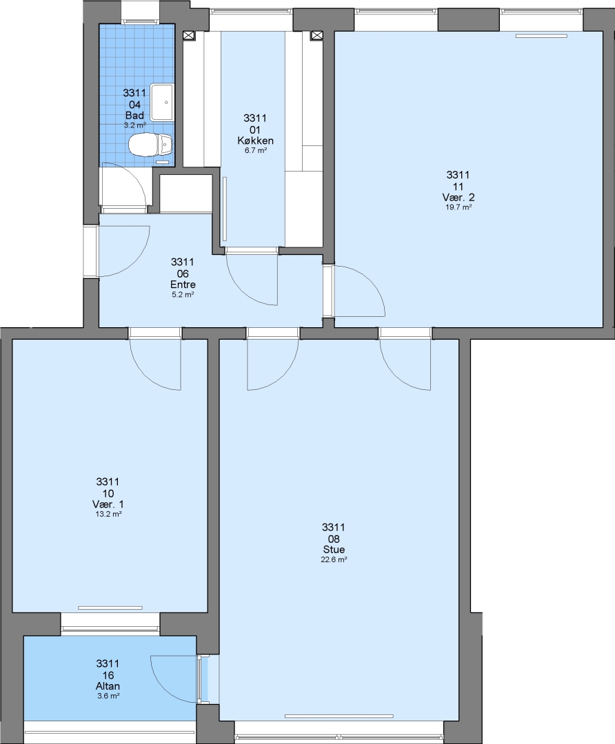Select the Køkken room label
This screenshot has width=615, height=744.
[x=256, y=141]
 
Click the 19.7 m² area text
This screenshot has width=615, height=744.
[x=458, y=207]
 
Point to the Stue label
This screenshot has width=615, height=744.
[x=334, y=550]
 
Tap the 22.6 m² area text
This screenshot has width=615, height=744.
[x=334, y=560]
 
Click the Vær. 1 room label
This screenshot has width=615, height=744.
[x=108, y=504]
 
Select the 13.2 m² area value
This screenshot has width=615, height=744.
[x=108, y=514]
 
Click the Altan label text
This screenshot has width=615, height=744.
[x=108, y=686]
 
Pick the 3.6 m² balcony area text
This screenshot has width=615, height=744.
[x=108, y=696]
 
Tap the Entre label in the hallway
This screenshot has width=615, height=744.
[x=183, y=285]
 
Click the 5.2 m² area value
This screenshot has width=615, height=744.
[x=183, y=295]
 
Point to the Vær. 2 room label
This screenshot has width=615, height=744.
[x=458, y=198]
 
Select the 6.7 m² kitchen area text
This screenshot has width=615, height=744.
[x=256, y=150]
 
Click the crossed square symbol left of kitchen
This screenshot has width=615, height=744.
[x=189, y=35]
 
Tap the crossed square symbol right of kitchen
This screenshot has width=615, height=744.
[x=316, y=35]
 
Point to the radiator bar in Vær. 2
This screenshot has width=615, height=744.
[x=541, y=36]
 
